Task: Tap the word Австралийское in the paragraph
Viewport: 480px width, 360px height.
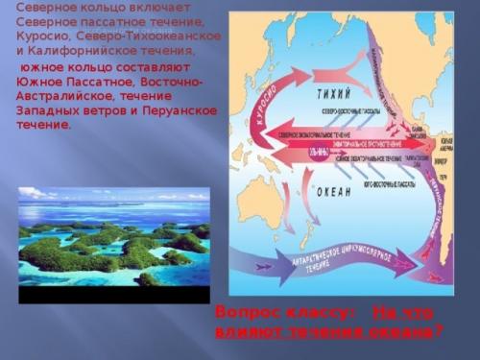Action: (x=58, y=97)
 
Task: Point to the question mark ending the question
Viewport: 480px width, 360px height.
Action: (x=438, y=332)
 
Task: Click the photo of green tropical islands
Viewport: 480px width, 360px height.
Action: (x=112, y=236)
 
